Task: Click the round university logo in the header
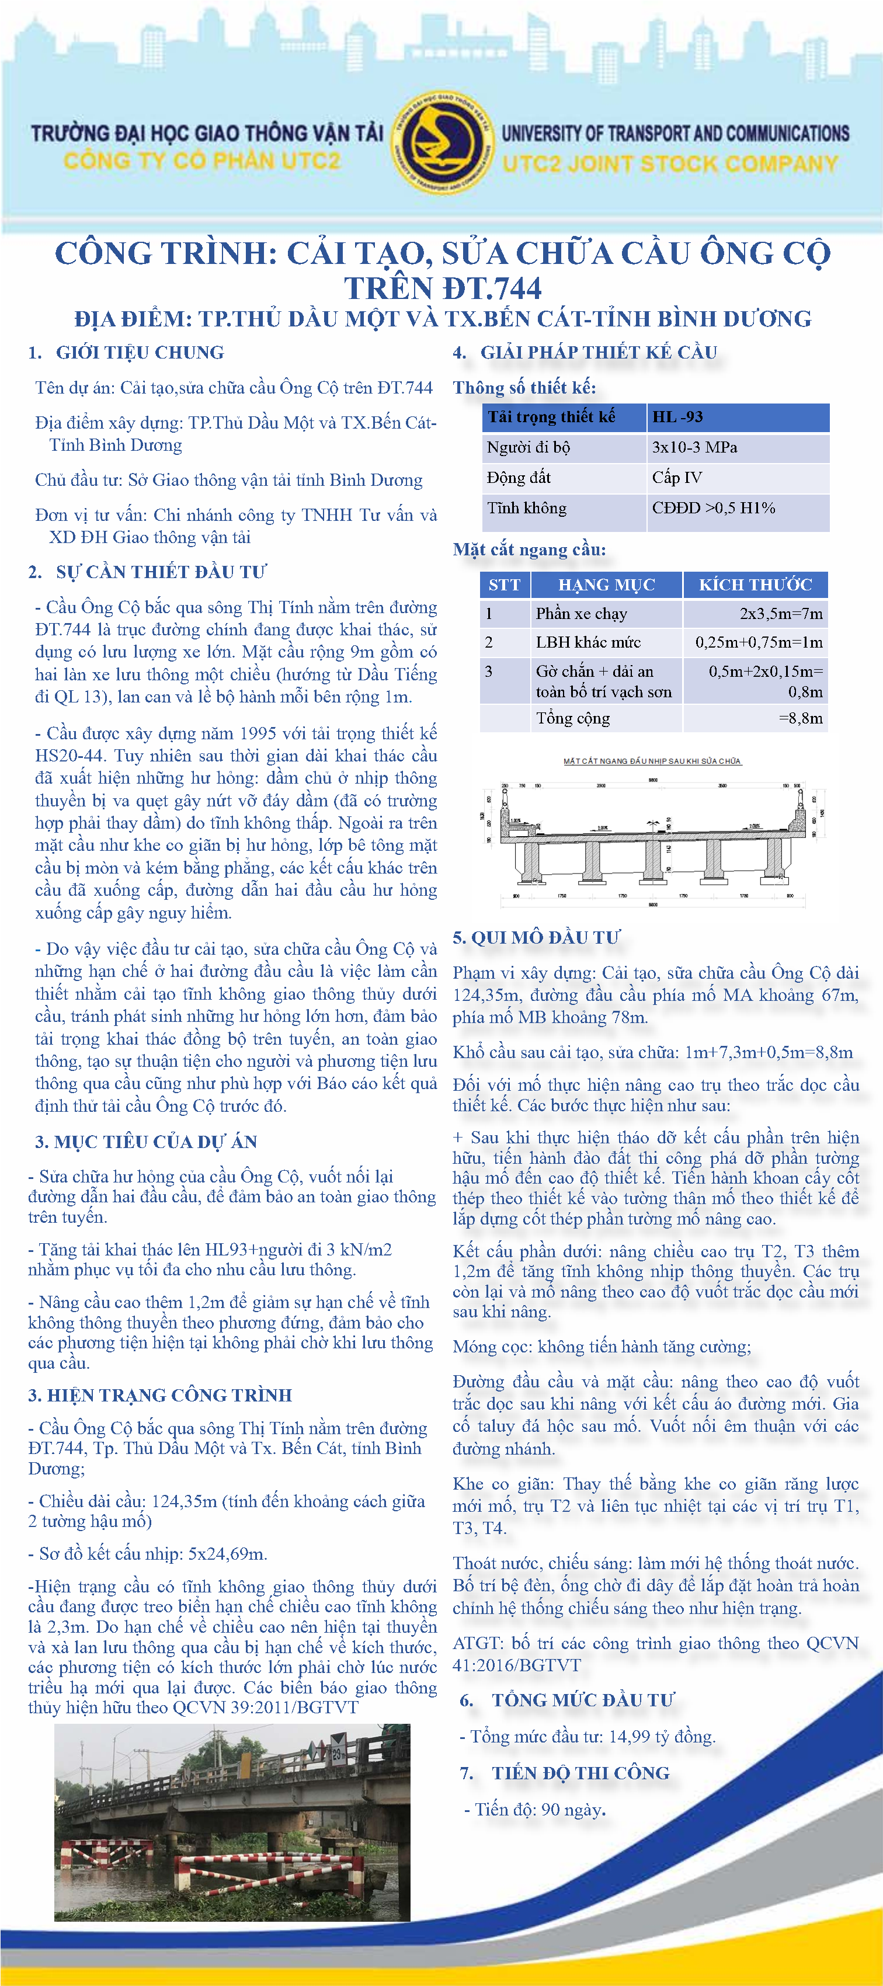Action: (442, 144)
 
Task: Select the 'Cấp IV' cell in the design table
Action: (677, 478)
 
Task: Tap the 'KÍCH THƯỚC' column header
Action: (755, 585)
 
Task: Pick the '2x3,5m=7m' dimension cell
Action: (780, 614)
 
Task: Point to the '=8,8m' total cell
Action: (801, 718)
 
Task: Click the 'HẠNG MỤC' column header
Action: (606, 585)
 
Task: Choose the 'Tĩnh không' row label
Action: (527, 508)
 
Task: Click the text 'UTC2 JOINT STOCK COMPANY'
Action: (669, 164)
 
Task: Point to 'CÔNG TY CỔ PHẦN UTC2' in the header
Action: (201, 161)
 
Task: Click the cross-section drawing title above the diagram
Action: (652, 761)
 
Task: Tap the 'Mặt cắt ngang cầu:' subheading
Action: (529, 549)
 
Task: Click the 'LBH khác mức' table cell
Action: (589, 642)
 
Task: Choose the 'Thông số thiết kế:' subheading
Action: (524, 388)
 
